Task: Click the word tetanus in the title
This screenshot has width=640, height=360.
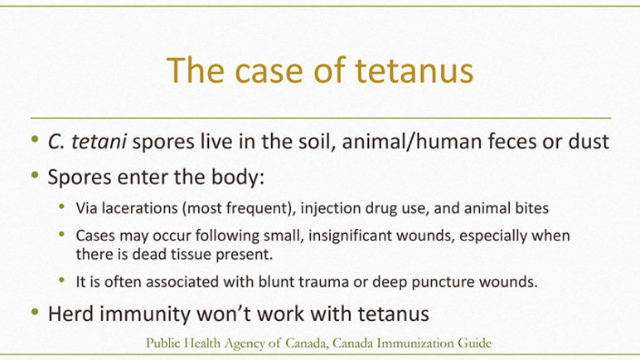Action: pyautogui.click(x=414, y=71)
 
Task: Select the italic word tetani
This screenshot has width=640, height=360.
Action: pyautogui.click(x=99, y=142)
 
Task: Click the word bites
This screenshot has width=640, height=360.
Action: pyautogui.click(x=531, y=208)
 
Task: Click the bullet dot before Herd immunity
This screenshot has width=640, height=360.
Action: pyautogui.click(x=35, y=312)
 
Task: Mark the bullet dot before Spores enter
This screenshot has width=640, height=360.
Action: pyautogui.click(x=35, y=175)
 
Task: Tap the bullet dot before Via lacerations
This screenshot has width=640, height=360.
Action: pyautogui.click(x=62, y=207)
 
